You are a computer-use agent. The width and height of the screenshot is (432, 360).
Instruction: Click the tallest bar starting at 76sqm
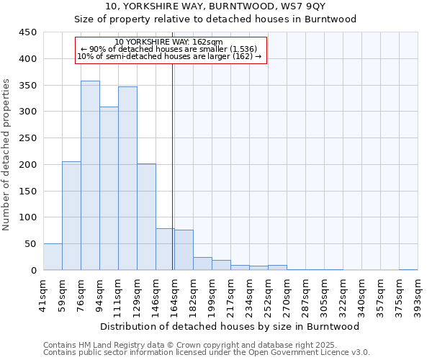(90, 176)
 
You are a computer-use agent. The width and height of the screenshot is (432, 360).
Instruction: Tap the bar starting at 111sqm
(127, 179)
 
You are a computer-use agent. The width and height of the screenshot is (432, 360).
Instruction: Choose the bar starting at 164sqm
(184, 250)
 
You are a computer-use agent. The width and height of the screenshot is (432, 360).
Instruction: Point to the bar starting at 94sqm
(109, 189)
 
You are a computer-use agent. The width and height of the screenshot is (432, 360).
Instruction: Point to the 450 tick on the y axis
(27, 32)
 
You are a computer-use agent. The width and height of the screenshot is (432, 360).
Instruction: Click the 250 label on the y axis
(27, 138)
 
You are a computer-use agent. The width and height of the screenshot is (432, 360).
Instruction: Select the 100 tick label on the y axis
(27, 217)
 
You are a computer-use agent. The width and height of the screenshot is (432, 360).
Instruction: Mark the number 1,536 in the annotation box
(220, 49)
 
